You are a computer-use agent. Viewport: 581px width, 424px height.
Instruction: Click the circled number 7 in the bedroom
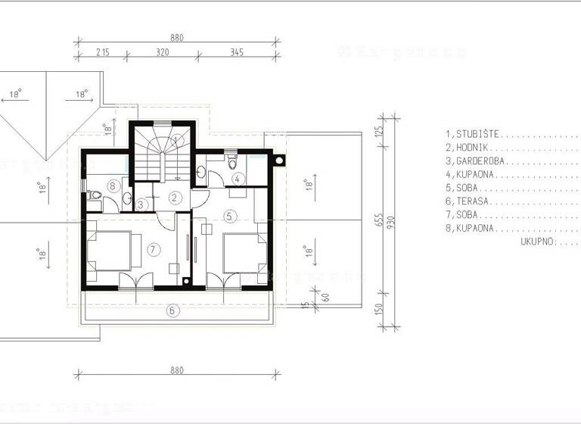click(x=154, y=248)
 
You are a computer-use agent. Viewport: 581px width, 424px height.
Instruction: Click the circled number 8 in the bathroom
click(x=113, y=185)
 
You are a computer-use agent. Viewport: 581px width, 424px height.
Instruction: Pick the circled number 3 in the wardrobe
click(x=142, y=204)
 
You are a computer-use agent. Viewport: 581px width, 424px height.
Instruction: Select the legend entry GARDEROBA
click(x=476, y=161)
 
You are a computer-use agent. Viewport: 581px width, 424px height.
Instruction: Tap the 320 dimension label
click(x=162, y=52)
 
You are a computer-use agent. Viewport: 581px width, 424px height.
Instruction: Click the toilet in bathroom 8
click(x=94, y=196)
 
